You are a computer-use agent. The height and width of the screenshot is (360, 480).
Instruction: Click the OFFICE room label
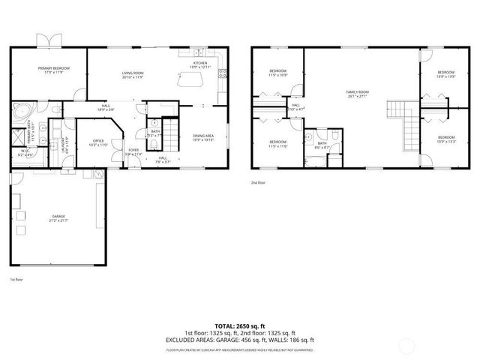tap(98, 142)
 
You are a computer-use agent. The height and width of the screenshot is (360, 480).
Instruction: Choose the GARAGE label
tap(58, 218)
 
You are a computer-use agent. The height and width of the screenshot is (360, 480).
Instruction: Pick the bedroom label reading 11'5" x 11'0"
tap(278, 143)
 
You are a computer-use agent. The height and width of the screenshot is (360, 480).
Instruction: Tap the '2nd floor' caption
tap(259, 182)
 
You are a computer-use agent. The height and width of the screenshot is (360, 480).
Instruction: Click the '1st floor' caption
tap(16, 279)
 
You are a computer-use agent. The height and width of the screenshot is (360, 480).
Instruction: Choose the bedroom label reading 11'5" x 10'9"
tap(278, 73)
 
